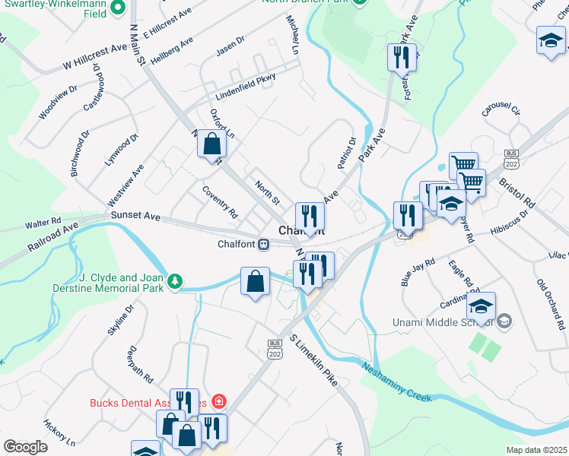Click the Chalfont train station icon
coord(263,244)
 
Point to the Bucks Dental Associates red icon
coord(219,401)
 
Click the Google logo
coord(25,447)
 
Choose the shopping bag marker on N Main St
coord(212,143)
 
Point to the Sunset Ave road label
coord(135,217)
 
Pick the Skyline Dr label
coord(120,320)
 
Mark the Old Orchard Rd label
coord(551,305)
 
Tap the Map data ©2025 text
coord(536,450)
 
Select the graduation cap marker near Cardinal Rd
coord(481,306)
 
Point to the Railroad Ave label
coord(53,236)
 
